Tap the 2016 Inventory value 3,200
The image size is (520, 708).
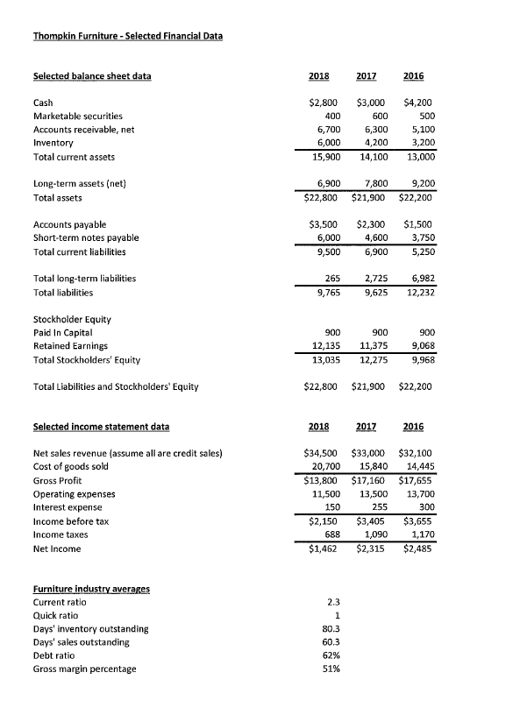coord(421,144)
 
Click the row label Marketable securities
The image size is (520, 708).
coord(77,116)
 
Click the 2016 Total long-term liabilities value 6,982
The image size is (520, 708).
coord(421,279)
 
